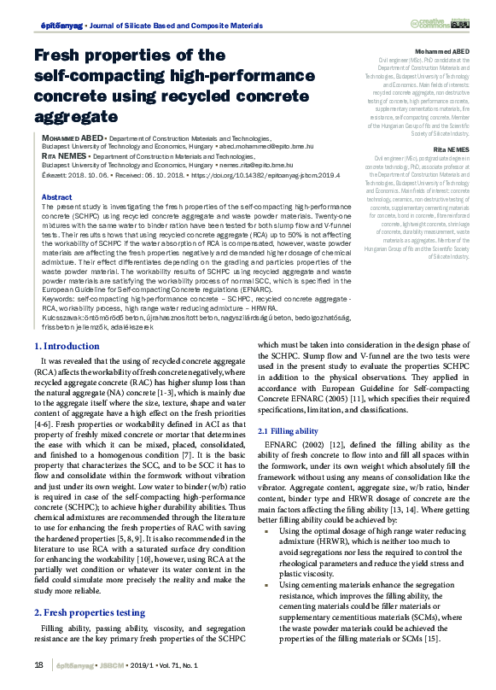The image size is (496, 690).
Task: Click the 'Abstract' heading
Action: click(x=56, y=197)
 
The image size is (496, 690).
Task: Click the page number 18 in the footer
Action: click(x=39, y=666)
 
